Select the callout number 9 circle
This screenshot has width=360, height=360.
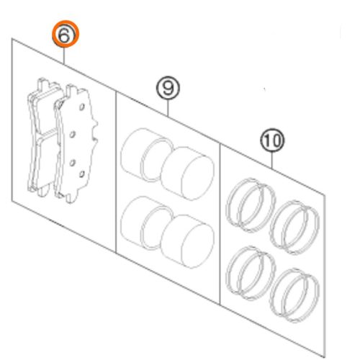coord(168,89)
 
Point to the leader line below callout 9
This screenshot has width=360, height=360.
coord(168,108)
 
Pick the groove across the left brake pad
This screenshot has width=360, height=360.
coord(43,135)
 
